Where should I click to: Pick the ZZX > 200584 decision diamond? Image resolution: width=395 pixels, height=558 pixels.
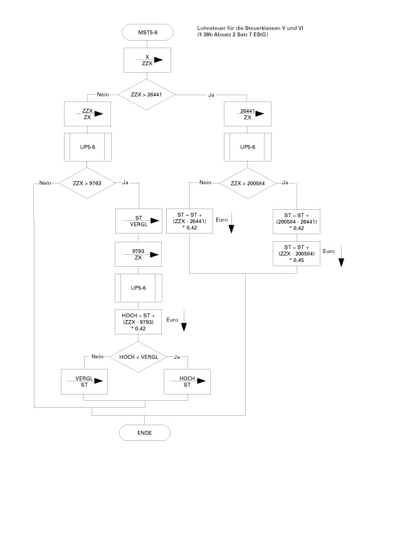pos(249,183)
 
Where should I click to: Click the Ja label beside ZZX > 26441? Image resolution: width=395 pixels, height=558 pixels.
pos(211,94)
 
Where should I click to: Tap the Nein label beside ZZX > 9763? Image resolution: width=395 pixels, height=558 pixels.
pos(45,183)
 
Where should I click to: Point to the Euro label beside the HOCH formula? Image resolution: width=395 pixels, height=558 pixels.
pos(173,320)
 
